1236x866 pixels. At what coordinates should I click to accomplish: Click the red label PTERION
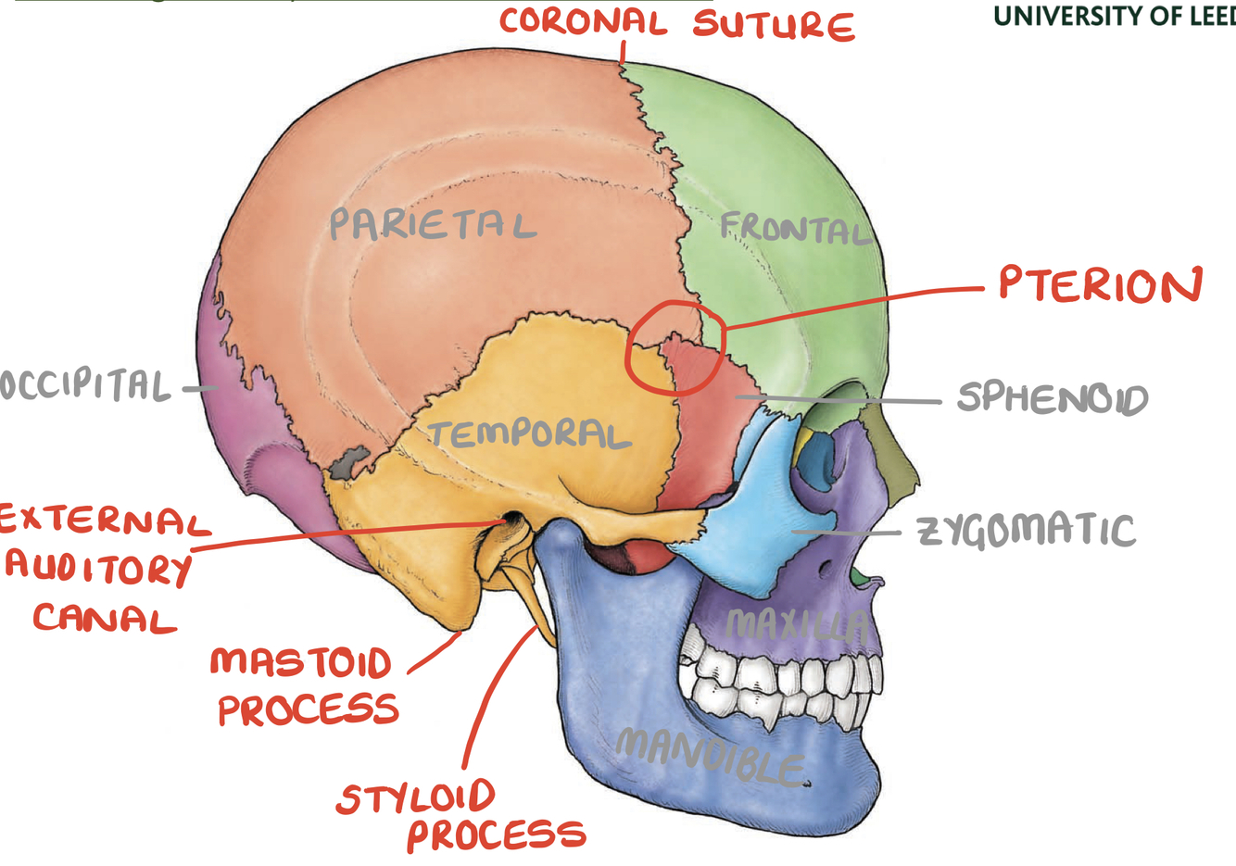click(1100, 284)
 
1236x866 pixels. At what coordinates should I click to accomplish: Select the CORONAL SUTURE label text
click(676, 23)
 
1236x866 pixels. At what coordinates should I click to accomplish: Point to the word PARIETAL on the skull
click(432, 224)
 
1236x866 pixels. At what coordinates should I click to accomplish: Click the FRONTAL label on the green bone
click(795, 228)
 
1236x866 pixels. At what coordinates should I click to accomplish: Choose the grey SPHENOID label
click(1052, 398)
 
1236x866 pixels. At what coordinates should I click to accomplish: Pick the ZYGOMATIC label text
click(1026, 531)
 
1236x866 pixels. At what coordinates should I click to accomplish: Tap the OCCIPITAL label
click(85, 385)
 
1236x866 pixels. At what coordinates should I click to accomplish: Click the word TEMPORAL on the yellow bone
click(529, 434)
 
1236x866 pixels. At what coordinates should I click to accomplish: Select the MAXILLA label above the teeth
click(797, 626)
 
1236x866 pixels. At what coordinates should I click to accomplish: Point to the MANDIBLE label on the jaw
click(710, 754)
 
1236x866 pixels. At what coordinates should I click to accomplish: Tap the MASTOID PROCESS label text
click(304, 686)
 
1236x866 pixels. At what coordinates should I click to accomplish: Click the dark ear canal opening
click(507, 524)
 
